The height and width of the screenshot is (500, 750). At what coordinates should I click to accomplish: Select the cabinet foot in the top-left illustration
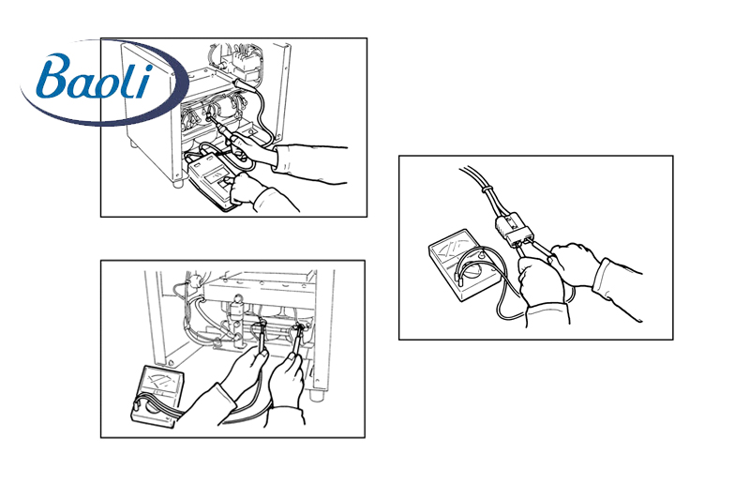pyautogui.click(x=177, y=182)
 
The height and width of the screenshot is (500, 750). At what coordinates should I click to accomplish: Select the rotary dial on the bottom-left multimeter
pyautogui.click(x=153, y=408)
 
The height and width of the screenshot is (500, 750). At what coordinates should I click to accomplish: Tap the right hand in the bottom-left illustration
pyautogui.click(x=286, y=378)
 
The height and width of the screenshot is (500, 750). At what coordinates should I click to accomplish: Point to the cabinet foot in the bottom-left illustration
pyautogui.click(x=316, y=396)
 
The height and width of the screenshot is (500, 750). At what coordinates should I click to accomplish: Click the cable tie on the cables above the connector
pyautogui.click(x=487, y=191)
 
